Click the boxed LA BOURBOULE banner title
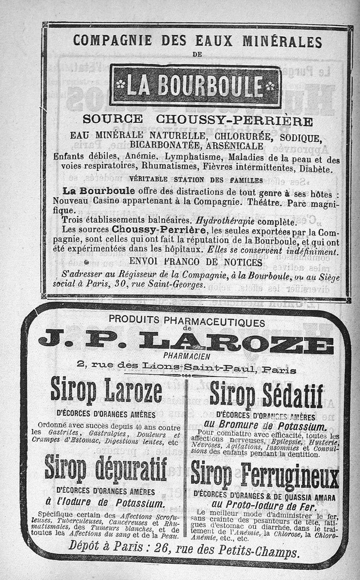(x=195, y=86)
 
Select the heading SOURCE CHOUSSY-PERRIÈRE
(x=198, y=120)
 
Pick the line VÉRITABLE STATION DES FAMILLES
(x=196, y=180)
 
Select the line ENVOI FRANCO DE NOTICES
(x=195, y=262)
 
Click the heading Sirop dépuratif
(x=106, y=469)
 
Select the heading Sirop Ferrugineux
(x=265, y=476)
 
